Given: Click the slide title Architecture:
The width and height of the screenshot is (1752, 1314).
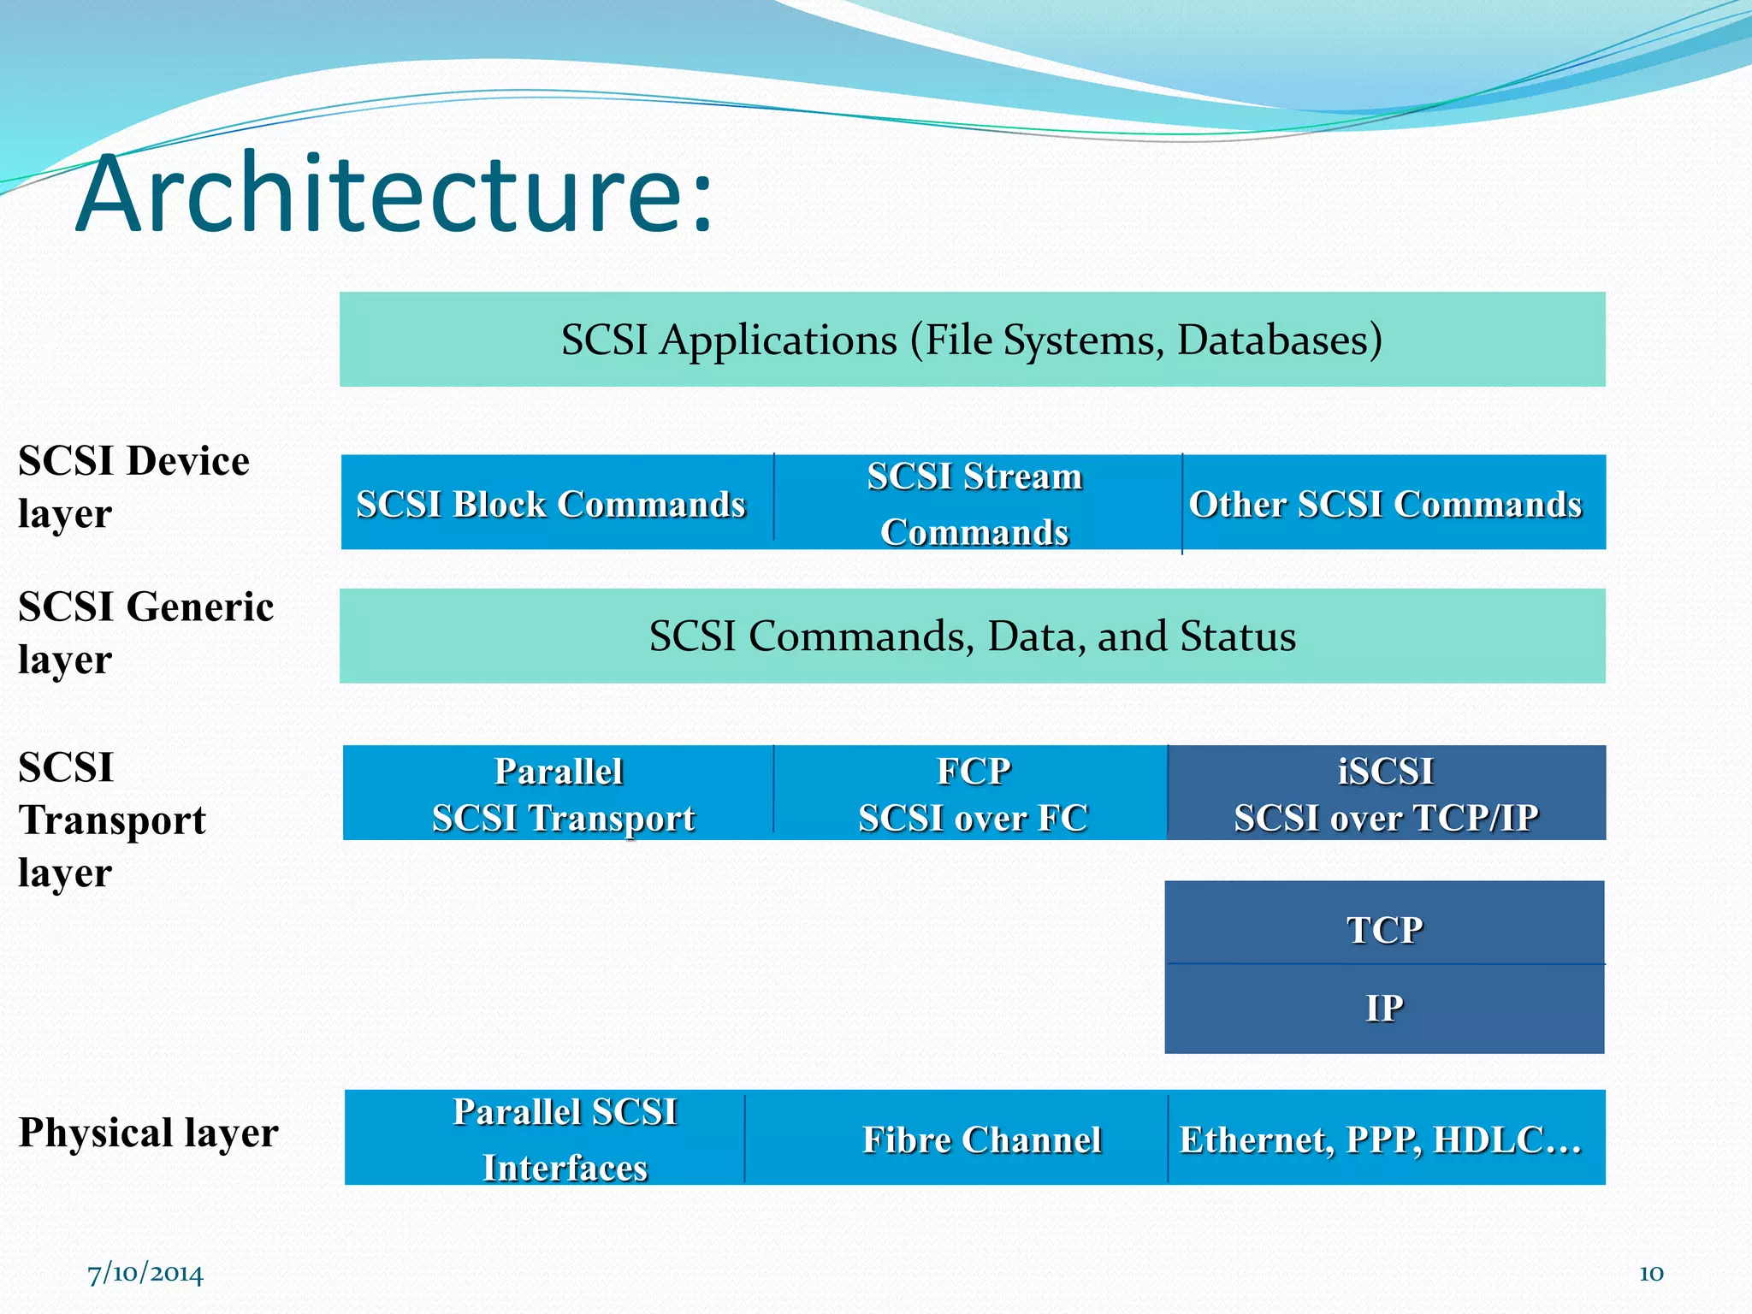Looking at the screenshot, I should (394, 195).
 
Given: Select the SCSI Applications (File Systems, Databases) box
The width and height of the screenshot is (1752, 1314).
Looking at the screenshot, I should (972, 340).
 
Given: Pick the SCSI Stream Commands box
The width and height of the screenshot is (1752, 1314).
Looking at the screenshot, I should (975, 503).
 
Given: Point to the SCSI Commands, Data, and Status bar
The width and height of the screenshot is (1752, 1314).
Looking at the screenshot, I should (972, 636).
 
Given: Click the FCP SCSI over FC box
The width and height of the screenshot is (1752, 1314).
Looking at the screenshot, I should (972, 794).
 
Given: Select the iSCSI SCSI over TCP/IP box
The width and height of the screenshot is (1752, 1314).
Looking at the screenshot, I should (1386, 794).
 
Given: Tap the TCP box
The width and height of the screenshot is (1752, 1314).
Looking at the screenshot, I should (1384, 927).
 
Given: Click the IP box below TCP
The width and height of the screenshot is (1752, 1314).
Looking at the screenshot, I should (1384, 1008).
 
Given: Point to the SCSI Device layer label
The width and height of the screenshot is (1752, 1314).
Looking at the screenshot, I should (133, 487).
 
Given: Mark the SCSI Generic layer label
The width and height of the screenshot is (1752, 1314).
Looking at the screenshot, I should (145, 632).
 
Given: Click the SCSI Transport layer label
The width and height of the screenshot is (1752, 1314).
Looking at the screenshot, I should (111, 819).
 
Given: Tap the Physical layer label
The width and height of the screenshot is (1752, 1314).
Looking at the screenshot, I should (148, 1133).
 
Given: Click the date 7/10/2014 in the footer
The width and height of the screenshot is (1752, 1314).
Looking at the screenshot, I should (145, 1274).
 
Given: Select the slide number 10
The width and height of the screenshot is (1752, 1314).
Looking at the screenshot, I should (1650, 1274).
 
